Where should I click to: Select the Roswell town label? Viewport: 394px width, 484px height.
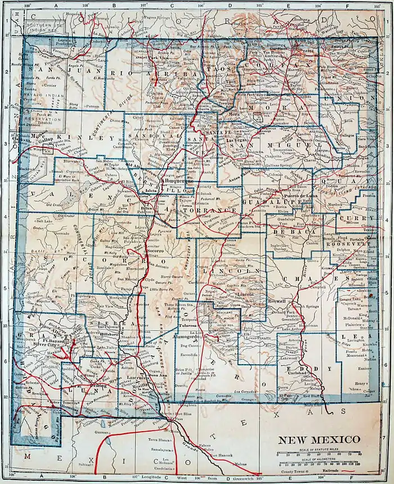[x=278, y=301]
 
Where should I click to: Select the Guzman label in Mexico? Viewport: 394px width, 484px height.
[x=103, y=432]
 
